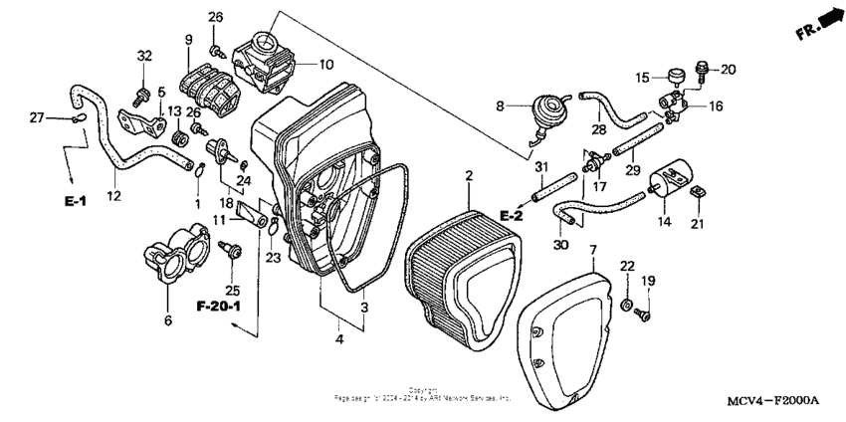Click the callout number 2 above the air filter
[467, 175]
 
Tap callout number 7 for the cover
[593, 248]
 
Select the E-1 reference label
[77, 201]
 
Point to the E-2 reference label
[513, 216]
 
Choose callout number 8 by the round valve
[501, 104]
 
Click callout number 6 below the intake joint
[167, 319]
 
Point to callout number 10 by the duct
[325, 64]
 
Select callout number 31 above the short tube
[542, 165]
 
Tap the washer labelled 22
[628, 302]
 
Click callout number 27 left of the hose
[37, 118]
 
